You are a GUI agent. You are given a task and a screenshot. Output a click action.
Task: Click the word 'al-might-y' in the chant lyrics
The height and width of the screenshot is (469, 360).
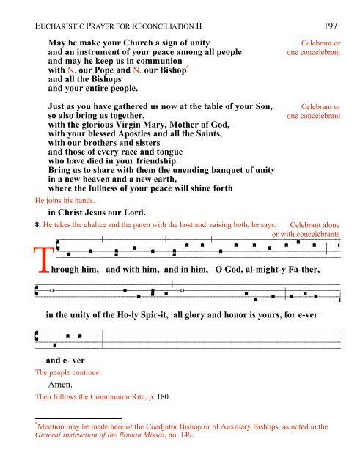coord(261,270)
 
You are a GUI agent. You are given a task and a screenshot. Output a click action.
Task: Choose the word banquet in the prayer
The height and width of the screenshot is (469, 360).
coord(220,170)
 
